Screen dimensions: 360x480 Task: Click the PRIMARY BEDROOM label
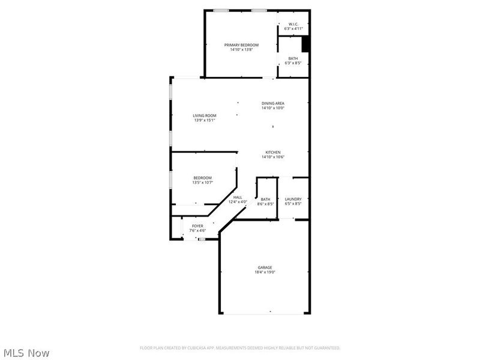[x=241, y=45]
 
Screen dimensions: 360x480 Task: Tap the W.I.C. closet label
[x=293, y=24]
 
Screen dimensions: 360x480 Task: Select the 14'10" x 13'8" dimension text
[x=241, y=50]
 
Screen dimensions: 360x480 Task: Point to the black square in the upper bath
[x=305, y=44]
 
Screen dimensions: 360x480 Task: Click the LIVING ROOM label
[x=204, y=115]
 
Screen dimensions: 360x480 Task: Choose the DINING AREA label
[x=272, y=103]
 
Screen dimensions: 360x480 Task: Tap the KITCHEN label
[x=272, y=152]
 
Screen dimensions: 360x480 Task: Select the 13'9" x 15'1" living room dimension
[x=204, y=120]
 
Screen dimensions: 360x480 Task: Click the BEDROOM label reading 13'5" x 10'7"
[x=202, y=178]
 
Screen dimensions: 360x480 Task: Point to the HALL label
[x=238, y=197]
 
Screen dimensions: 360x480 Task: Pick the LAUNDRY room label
[x=293, y=199]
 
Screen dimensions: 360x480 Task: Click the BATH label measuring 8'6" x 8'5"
[x=265, y=199]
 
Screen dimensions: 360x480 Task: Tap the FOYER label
[x=197, y=226]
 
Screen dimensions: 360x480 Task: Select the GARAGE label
[x=265, y=268]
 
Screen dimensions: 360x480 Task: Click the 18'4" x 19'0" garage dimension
[x=265, y=272]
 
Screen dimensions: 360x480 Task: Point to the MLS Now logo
[x=26, y=353]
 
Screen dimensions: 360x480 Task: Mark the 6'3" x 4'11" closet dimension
[x=293, y=29]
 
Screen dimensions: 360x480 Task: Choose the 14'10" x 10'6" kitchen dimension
[x=272, y=157]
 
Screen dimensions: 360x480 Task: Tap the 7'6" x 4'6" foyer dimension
[x=197, y=231]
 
